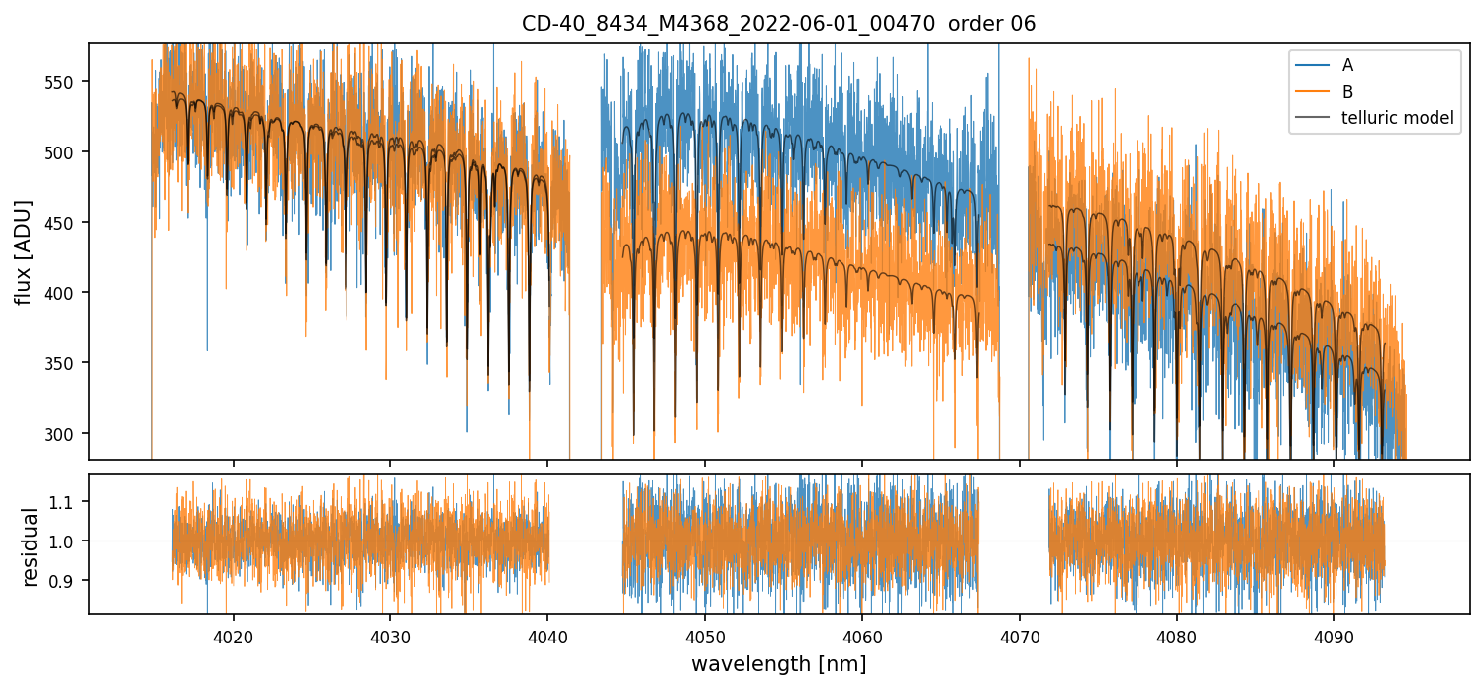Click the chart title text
tap(778, 24)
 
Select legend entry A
tap(1347, 65)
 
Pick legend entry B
tap(1347, 92)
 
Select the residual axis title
tap(30, 546)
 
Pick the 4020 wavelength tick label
tap(233, 635)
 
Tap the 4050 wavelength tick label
tap(704, 635)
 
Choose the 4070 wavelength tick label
tap(1019, 635)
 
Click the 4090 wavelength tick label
tap(1333, 635)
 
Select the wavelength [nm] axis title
tap(778, 663)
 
